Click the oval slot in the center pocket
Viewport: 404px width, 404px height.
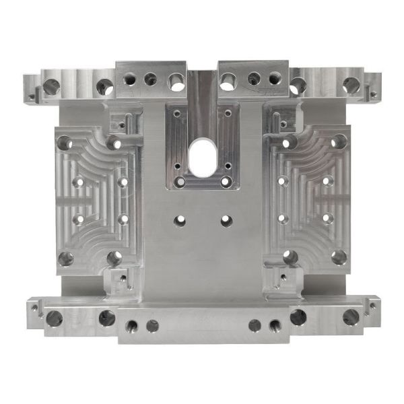(x=202, y=155)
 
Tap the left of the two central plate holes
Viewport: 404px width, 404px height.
(x=180, y=220)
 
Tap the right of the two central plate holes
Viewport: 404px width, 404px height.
(x=226, y=220)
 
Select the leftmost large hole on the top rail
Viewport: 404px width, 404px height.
(x=51, y=86)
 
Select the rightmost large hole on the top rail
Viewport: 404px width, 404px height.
(x=351, y=86)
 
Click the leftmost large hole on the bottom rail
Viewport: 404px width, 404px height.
(x=54, y=318)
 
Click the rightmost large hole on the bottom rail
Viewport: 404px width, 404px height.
(x=350, y=317)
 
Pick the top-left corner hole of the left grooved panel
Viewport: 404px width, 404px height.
(x=65, y=143)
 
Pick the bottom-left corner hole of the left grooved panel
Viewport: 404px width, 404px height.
(x=65, y=259)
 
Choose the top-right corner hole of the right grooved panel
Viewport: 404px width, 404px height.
(x=339, y=141)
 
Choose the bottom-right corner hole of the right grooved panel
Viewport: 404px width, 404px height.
(x=339, y=257)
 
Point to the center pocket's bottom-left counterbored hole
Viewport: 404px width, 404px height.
(x=180, y=182)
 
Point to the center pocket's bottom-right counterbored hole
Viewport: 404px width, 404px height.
(x=224, y=182)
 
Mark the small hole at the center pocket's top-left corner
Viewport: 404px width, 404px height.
(x=177, y=114)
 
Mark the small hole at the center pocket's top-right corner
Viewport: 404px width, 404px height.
(x=228, y=114)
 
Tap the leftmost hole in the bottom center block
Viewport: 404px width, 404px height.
(x=131, y=327)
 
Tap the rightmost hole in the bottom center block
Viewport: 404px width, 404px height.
(x=275, y=327)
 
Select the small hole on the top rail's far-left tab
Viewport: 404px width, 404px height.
(x=31, y=96)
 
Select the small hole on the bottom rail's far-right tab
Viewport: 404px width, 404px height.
(x=372, y=306)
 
